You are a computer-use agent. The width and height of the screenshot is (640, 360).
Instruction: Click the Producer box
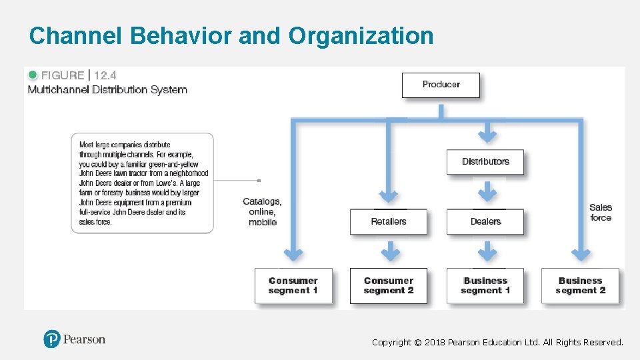[x=441, y=85]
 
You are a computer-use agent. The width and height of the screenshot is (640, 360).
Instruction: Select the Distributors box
[x=485, y=161]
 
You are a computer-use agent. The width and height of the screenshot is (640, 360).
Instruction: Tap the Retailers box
[x=389, y=221]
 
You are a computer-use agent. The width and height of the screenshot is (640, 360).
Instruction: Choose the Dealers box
[x=485, y=221]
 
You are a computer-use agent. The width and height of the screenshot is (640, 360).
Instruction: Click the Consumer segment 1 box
[x=293, y=285]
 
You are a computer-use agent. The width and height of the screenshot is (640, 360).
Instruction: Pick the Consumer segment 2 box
[x=389, y=285]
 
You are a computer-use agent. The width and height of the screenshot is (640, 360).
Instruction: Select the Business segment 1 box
[x=485, y=285]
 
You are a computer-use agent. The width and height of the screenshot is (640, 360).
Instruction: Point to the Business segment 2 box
[x=580, y=285]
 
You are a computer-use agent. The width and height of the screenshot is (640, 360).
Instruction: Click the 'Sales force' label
[x=601, y=212]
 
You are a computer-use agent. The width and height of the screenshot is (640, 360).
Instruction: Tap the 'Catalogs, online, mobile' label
[x=262, y=211]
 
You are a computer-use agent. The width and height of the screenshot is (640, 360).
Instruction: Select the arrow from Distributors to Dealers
[x=488, y=192]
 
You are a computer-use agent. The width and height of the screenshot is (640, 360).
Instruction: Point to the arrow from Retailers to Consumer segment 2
[x=390, y=252]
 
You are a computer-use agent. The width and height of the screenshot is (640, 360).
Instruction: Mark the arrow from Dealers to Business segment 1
[x=488, y=252]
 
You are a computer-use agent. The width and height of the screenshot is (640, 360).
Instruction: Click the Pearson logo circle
[x=52, y=339]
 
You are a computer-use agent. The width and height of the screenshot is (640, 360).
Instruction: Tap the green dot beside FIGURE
[x=33, y=75]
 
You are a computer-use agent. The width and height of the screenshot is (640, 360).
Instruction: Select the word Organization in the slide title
[x=361, y=35]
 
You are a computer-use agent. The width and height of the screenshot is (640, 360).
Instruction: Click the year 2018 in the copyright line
[x=435, y=342]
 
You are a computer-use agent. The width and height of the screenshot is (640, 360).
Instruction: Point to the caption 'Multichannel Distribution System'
[x=107, y=89]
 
